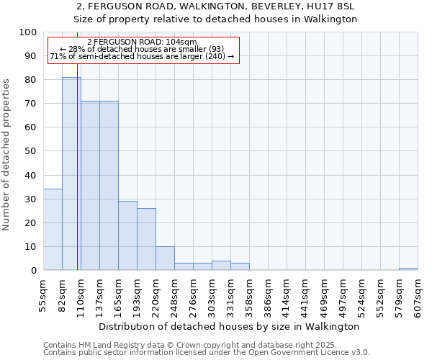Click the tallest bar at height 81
pyautogui.click(x=71, y=174)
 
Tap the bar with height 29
pyautogui.click(x=127, y=235)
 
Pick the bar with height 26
pyautogui.click(x=146, y=239)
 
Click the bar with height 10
pyautogui.click(x=165, y=258)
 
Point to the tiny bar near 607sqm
pyautogui.click(x=408, y=269)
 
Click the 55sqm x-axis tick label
pyautogui.click(x=43, y=297)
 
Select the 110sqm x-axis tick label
pyautogui.click(x=81, y=297)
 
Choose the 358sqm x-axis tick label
pyautogui.click(x=249, y=297)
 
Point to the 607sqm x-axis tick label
pyautogui.click(x=418, y=297)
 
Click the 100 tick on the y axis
pyautogui.click(x=28, y=32)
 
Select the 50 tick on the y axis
pyautogui.click(x=31, y=151)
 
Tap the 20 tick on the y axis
pyautogui.click(x=31, y=222)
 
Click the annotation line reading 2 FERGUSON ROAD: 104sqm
pyautogui.click(x=141, y=42)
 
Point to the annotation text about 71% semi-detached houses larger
pyautogui.click(x=142, y=56)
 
